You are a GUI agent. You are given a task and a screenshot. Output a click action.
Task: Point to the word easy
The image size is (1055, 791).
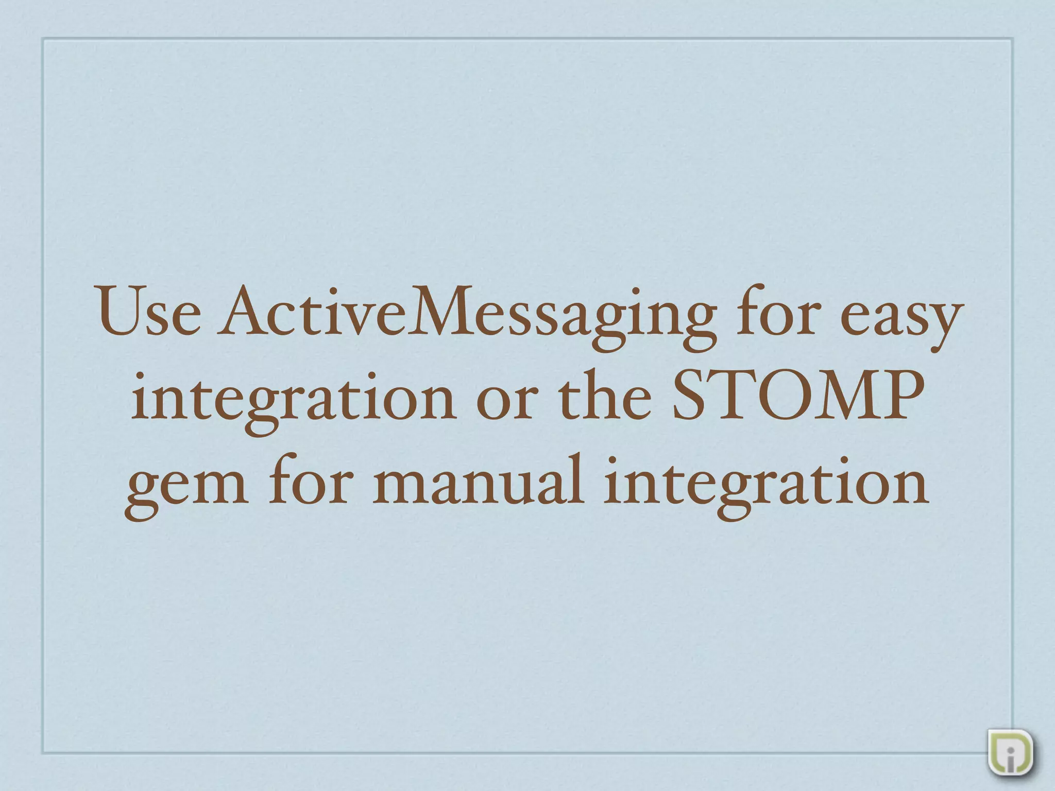[901, 317]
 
